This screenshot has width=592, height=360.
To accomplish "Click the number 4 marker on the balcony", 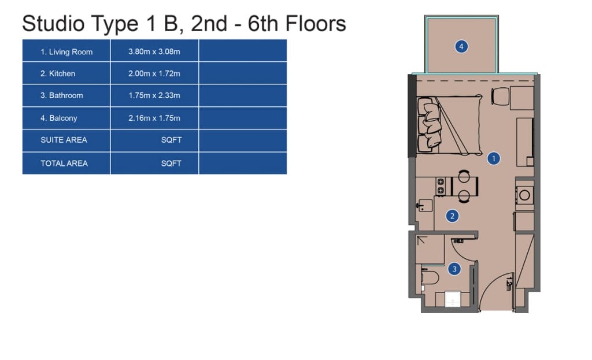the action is click(x=461, y=47).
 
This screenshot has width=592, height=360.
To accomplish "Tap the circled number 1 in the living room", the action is click(x=494, y=158).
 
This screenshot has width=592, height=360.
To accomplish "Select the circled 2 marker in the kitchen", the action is click(x=452, y=216).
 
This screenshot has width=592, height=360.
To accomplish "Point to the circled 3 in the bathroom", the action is click(x=454, y=269).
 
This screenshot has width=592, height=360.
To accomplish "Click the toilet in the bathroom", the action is click(x=429, y=278).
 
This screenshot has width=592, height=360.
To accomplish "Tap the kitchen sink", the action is click(x=425, y=206).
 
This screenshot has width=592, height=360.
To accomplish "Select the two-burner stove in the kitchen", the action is click(x=441, y=186).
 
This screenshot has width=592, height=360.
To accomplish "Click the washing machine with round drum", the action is click(x=524, y=195).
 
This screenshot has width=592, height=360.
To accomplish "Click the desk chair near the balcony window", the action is click(x=500, y=96).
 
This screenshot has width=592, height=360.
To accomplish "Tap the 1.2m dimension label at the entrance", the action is click(x=509, y=284).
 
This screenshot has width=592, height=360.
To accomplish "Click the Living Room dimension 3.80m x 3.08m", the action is click(x=154, y=51).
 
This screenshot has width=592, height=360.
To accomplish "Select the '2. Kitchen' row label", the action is click(x=58, y=73).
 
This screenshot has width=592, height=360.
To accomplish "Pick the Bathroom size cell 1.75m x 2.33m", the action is click(x=154, y=95).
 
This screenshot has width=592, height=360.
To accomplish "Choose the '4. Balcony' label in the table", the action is click(x=59, y=118).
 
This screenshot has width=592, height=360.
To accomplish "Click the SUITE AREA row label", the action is click(x=64, y=140).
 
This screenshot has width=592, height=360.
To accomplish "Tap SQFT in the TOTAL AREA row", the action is click(x=171, y=164).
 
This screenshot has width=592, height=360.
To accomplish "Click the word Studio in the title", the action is click(x=53, y=23).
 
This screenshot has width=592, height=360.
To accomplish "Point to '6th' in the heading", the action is click(x=263, y=23).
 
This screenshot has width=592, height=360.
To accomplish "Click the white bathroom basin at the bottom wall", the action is click(x=452, y=299).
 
